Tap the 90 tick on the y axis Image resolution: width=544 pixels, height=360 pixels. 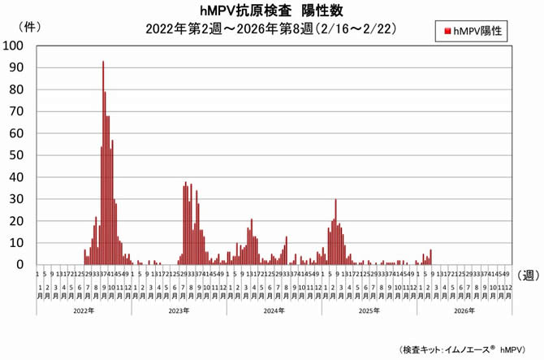click(19, 68)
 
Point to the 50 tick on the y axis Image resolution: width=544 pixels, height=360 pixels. click(19, 155)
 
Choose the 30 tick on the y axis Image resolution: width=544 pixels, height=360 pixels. click(19, 199)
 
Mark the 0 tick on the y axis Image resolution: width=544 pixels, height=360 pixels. click(22, 265)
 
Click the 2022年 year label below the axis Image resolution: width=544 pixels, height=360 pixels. click(84, 310)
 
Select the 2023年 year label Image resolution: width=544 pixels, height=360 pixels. click(179, 310)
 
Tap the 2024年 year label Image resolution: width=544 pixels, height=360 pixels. click(274, 310)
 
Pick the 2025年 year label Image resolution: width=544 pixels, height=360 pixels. click(369, 310)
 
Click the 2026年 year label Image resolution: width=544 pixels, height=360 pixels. click(464, 310)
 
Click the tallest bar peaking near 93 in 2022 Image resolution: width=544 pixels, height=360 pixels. click(103, 163)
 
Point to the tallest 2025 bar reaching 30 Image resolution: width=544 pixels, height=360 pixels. click(335, 232)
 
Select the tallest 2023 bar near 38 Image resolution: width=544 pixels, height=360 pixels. click(186, 223)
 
